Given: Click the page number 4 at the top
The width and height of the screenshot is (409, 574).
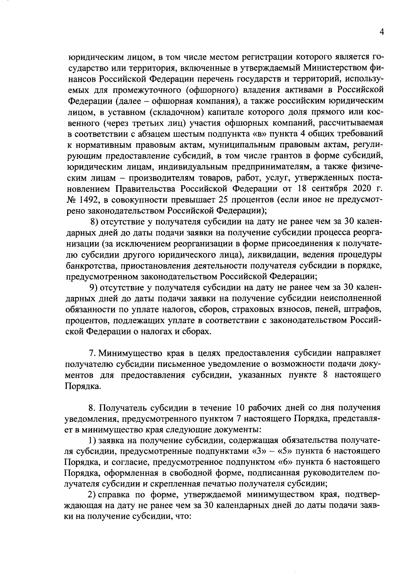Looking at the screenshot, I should [x=382, y=32].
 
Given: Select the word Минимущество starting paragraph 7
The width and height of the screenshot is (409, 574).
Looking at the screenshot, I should [x=127, y=352].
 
